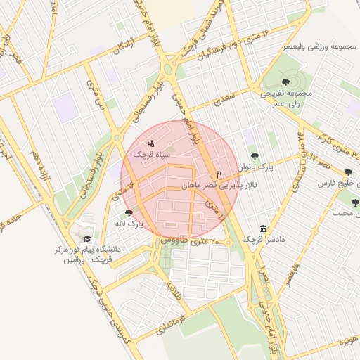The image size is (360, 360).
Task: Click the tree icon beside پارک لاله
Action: tap(128, 213)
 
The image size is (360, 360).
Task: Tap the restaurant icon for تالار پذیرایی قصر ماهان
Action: tap(220, 174)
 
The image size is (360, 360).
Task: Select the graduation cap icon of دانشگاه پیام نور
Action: tap(87, 239)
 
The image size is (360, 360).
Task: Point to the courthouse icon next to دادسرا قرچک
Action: tap(263, 229)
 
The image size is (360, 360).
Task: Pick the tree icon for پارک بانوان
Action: tap(254, 156)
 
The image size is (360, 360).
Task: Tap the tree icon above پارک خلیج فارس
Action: tap(348, 172)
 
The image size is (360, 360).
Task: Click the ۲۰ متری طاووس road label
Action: tap(190, 240)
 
